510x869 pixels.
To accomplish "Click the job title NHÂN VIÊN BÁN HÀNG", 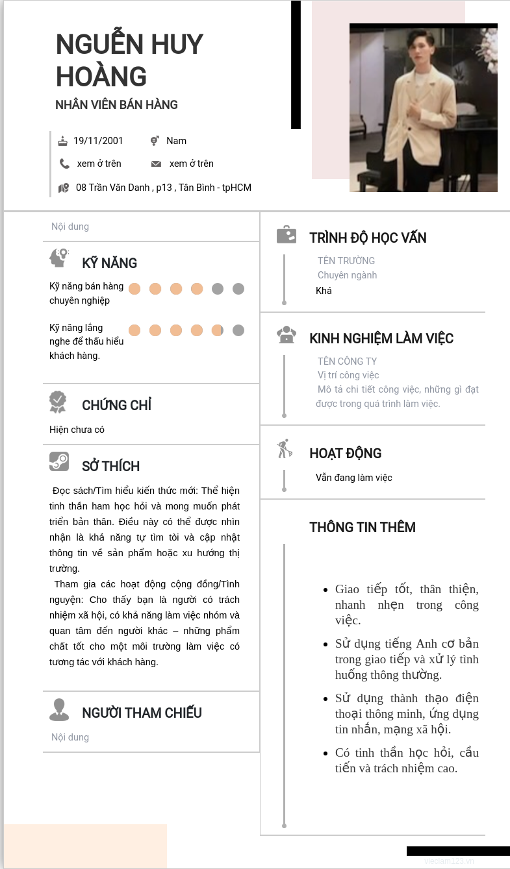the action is click(116, 104).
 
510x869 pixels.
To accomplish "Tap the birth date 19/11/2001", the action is click(98, 141).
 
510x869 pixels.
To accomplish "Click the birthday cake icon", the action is click(63, 141).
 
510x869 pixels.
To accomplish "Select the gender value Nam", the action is click(176, 141).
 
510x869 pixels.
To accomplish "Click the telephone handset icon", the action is click(64, 164).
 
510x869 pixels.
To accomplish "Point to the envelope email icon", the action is click(156, 164).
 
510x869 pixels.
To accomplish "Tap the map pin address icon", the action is click(63, 188).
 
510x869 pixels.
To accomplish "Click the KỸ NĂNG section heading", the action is click(109, 263).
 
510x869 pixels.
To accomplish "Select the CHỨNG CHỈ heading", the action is click(116, 405).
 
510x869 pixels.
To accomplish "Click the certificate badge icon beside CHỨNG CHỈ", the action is click(58, 402).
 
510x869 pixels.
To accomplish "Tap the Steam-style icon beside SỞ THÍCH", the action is click(59, 461).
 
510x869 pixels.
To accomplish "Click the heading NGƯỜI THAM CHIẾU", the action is click(142, 713).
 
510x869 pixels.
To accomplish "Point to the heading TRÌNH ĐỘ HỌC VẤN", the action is click(368, 238).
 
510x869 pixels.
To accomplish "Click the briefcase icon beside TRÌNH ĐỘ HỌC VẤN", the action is click(287, 234).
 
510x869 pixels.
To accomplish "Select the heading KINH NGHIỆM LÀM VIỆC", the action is click(381, 338).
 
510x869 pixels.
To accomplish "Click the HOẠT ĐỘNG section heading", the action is click(345, 453).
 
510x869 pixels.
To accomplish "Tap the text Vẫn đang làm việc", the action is click(354, 478).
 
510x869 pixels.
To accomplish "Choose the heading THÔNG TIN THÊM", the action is click(362, 527).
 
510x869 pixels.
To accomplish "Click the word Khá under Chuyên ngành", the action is click(324, 291).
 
